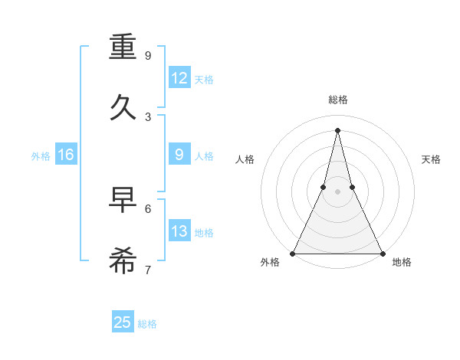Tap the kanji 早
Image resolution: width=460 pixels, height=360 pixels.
click(123, 201)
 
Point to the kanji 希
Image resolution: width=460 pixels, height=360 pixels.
click(123, 260)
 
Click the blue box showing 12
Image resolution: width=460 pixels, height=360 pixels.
click(179, 78)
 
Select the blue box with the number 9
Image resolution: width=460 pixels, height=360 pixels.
click(179, 155)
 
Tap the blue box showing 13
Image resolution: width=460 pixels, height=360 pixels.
click(179, 231)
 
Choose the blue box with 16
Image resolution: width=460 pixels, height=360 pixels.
click(65, 155)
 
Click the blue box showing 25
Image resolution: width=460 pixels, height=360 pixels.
click(123, 322)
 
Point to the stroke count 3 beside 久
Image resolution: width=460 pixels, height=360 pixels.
click(148, 117)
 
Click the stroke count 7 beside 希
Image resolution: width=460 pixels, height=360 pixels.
click(148, 270)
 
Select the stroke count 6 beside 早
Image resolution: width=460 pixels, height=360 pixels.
click(148, 208)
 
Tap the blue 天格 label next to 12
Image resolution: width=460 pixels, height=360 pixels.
click(204, 79)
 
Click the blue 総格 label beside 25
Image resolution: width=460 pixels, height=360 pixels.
click(148, 323)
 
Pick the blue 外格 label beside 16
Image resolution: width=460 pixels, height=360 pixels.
click(41, 155)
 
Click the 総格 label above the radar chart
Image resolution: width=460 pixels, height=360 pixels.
click(337, 100)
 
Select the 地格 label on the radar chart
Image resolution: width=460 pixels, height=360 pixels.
click(402, 262)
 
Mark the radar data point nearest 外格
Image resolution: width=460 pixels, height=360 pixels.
click(294, 253)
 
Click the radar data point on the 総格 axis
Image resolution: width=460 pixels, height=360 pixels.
click(337, 129)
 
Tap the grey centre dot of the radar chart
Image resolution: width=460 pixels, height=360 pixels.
click(337, 191)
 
